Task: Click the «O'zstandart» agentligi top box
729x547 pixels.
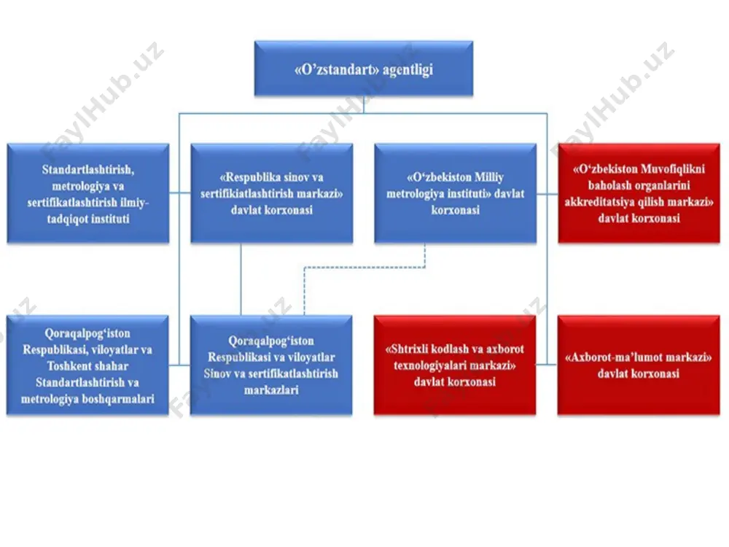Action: [364, 69]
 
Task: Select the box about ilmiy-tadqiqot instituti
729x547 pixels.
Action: [88, 193]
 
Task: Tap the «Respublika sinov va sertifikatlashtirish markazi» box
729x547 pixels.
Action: [271, 193]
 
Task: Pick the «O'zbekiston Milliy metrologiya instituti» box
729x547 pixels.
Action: [455, 193]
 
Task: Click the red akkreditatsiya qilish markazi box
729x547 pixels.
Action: [639, 193]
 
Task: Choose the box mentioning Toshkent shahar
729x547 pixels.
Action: [87, 365]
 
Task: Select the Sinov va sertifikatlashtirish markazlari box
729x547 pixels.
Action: [271, 365]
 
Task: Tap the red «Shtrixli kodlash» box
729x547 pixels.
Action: [455, 365]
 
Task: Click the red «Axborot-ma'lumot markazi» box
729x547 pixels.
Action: [639, 365]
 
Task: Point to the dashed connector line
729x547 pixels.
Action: [364, 268]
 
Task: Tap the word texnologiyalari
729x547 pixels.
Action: [428, 365]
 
